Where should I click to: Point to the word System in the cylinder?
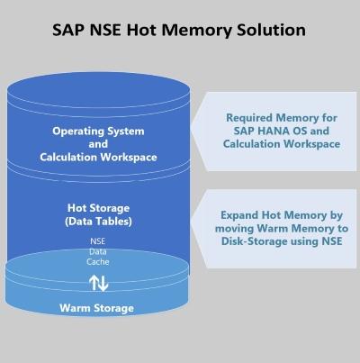126,132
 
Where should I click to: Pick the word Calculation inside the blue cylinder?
68,157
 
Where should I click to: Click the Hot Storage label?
98,208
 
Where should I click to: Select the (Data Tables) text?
98,222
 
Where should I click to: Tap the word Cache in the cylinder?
98,262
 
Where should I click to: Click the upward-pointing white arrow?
94,283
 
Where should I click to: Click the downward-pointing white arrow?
103,284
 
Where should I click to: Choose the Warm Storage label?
96,308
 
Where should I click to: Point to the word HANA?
274,131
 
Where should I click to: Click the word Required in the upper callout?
249,118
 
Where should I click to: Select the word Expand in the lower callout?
239,215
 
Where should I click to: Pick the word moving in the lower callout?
235,229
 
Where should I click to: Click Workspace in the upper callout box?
312,144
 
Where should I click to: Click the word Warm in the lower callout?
273,229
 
